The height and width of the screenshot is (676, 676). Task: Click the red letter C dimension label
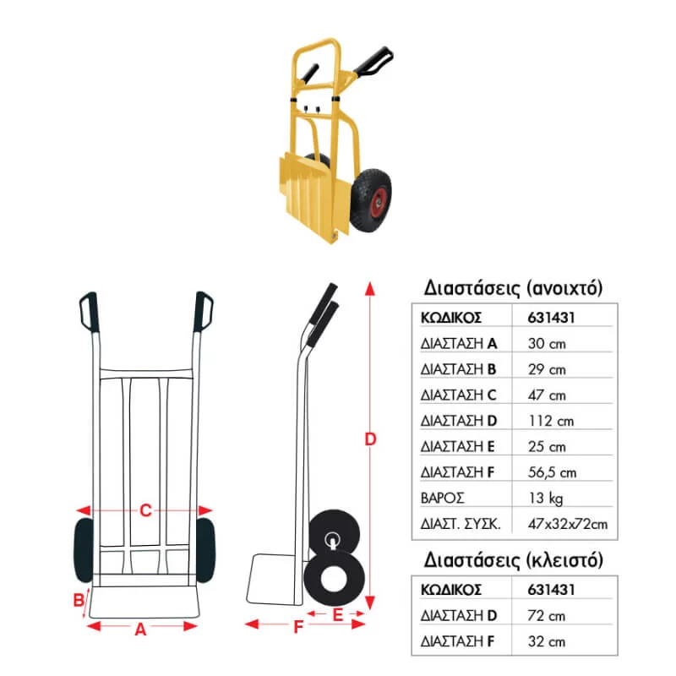pos(145,510)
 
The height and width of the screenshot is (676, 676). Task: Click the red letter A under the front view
pos(140,630)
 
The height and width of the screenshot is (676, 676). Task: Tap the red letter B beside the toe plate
pos(79,600)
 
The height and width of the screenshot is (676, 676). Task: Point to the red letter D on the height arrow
pos(370,439)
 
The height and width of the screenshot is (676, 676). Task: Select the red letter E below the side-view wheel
pos(338,615)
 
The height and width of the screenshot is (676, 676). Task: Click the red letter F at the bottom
pos(298,626)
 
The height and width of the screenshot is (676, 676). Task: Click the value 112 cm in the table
pos(551,421)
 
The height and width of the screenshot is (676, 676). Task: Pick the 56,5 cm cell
pos(552,472)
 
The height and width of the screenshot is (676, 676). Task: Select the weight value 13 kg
pos(545,499)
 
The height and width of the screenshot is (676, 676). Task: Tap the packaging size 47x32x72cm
pos(568,524)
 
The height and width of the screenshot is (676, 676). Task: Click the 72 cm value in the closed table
pos(546,616)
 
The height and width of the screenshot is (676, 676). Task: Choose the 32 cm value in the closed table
pos(546,641)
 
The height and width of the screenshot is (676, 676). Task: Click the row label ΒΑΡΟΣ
pos(442,499)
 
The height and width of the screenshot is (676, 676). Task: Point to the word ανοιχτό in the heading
pos(567,288)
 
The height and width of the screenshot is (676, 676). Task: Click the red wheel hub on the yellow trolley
pos(376,199)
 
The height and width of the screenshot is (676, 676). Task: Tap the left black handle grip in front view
pos(90,311)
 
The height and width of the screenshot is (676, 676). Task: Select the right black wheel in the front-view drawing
pos(205,550)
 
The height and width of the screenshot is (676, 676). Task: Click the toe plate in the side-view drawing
pos(271,579)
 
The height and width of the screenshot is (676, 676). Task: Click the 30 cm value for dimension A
pos(546,344)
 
